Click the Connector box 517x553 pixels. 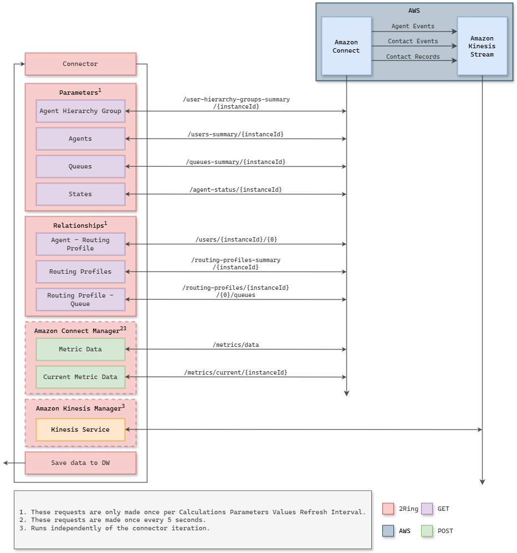80,64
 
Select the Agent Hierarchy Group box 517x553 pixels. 80,111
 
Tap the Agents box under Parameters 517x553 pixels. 80,139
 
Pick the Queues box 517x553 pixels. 80,166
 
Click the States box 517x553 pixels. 80,194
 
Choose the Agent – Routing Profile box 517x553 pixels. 80,244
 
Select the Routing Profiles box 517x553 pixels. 80,272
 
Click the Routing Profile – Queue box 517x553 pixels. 80,299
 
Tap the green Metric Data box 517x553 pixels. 80,349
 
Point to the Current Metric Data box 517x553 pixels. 80,377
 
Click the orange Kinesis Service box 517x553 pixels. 80,429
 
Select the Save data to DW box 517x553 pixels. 80,463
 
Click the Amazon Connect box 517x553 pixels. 346,46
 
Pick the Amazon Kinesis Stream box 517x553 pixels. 482,46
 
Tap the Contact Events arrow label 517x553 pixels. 413,41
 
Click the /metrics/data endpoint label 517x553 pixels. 236,345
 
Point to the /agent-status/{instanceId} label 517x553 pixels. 236,190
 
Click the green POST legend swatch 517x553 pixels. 427,531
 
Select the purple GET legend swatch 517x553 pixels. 427,509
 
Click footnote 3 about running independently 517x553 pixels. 114,528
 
